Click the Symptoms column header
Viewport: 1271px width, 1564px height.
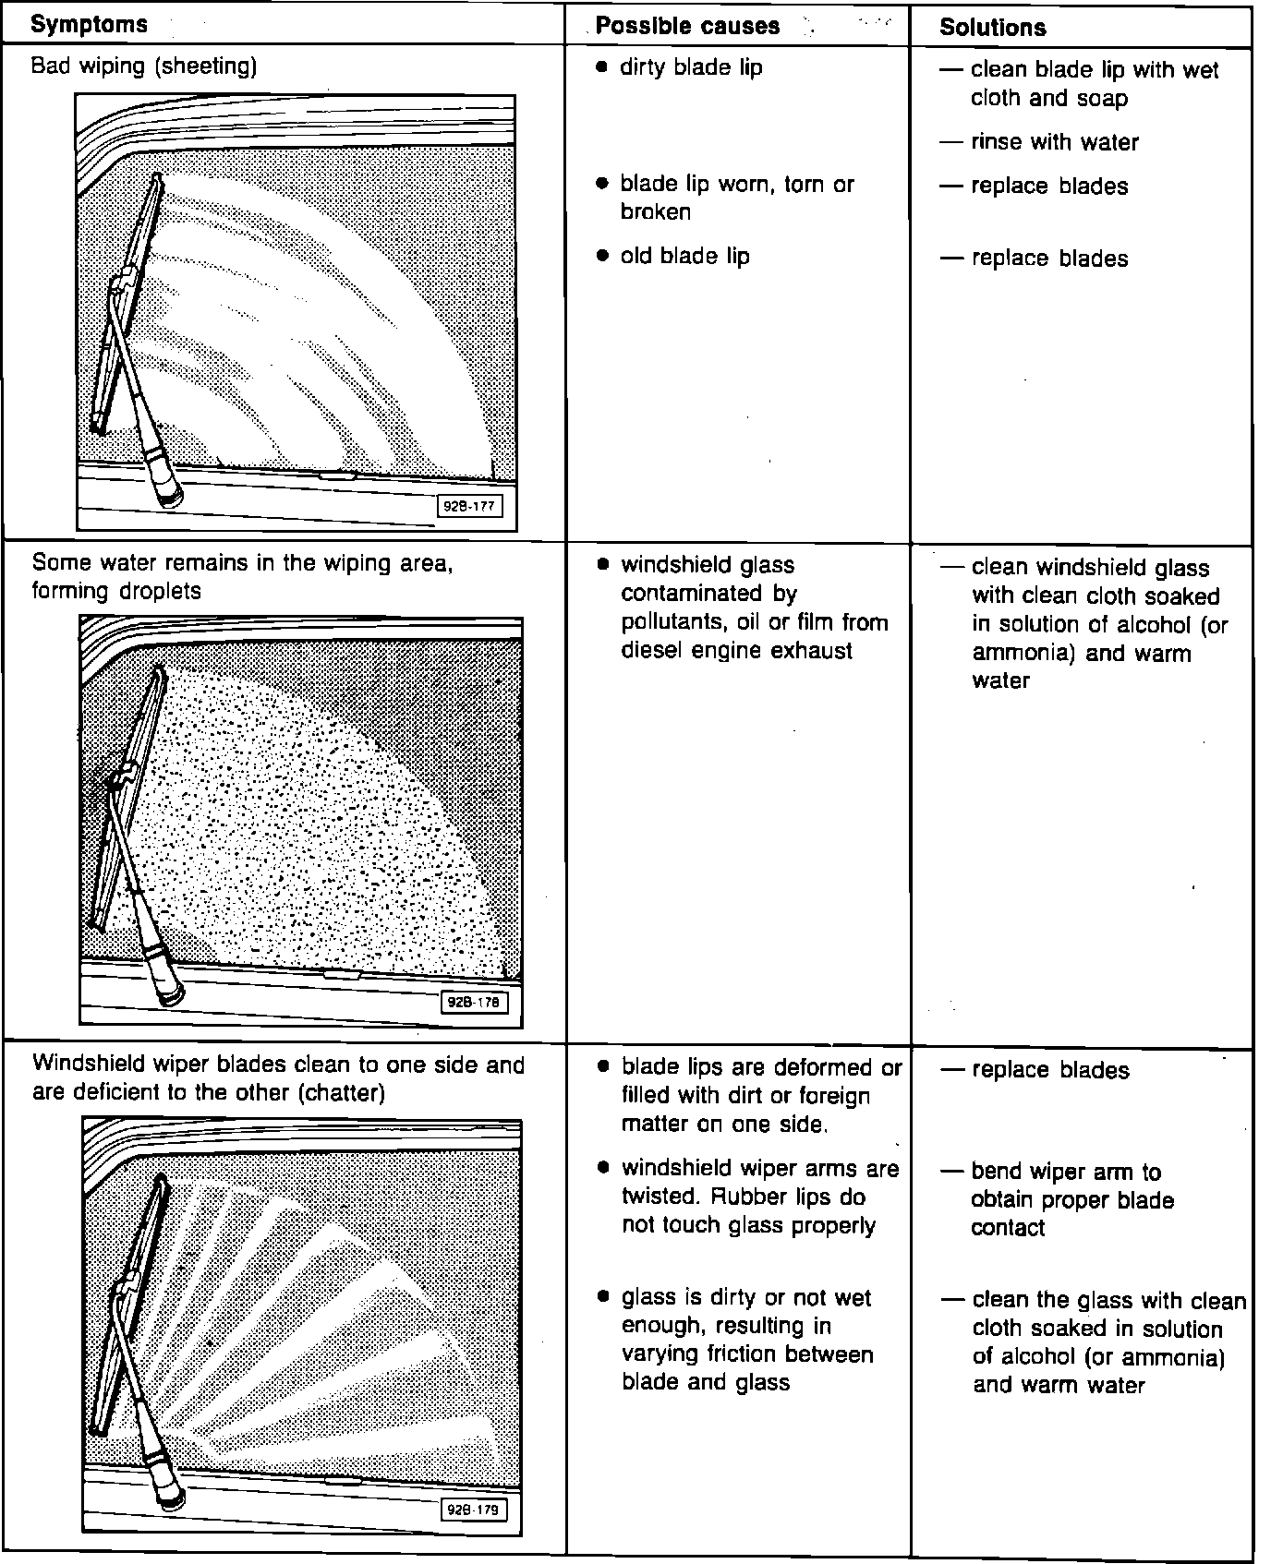(x=89, y=24)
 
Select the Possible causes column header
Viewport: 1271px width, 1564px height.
(x=687, y=26)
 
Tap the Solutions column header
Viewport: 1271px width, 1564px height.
(x=992, y=28)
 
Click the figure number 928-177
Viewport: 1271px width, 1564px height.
(x=470, y=506)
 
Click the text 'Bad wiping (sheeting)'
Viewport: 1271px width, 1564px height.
(x=144, y=66)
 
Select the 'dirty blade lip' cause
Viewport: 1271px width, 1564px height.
(x=691, y=67)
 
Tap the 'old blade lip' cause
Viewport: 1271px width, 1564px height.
(x=684, y=256)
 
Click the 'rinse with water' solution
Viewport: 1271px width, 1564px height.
(x=1054, y=142)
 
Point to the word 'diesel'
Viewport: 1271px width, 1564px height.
(x=649, y=650)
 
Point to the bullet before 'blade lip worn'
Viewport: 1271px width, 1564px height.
(x=602, y=184)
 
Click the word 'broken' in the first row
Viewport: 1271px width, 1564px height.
(x=656, y=211)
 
